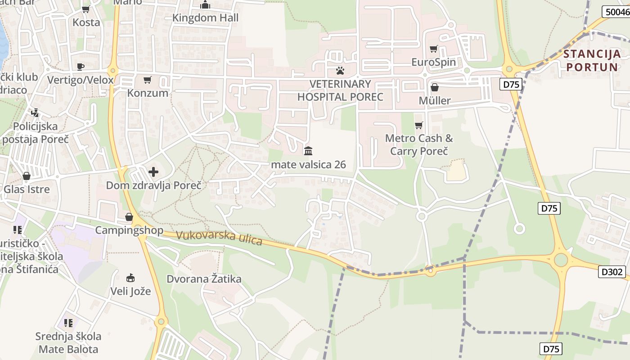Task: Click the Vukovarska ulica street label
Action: (x=219, y=238)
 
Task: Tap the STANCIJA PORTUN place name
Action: (x=592, y=61)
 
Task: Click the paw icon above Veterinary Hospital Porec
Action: (x=340, y=71)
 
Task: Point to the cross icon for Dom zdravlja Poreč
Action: (x=153, y=172)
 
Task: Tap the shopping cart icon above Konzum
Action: (x=147, y=80)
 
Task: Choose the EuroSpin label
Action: (x=433, y=62)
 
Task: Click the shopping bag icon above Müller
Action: (x=434, y=87)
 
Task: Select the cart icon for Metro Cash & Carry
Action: (x=418, y=125)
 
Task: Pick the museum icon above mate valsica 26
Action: (x=308, y=151)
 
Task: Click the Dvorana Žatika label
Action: (x=204, y=279)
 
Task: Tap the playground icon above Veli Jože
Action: (x=130, y=277)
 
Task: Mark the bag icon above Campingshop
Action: (x=129, y=217)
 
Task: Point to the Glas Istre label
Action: (x=27, y=189)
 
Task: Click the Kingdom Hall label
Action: (x=206, y=18)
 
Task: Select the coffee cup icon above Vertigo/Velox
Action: (x=81, y=67)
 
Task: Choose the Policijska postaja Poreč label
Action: (x=35, y=133)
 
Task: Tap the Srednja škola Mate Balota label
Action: (x=68, y=342)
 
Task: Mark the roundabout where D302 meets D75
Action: (x=561, y=260)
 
